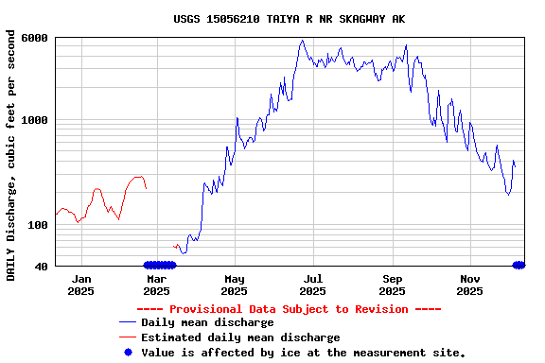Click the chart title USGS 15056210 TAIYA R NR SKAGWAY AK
coord(290,18)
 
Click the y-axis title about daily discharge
coord(11,155)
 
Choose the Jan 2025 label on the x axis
coord(81,285)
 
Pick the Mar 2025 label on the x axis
coord(156,285)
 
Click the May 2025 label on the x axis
coord(235,285)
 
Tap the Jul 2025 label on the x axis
coord(312,285)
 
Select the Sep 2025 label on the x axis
coord(392,285)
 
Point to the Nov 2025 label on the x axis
coord(470,285)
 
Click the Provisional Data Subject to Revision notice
coord(289,309)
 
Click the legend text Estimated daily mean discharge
coord(240,337)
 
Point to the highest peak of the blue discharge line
coord(302,41)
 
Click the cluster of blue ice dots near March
coord(159,266)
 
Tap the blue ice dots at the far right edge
coord(519,266)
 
